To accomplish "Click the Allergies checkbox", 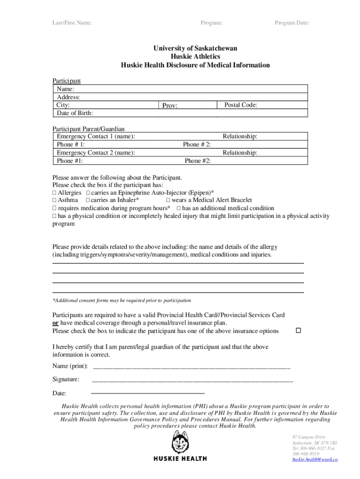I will click(54, 193).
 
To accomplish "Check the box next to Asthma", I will click(54, 201).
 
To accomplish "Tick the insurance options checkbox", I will click(298, 331).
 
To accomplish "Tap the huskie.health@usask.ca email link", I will click(315, 459).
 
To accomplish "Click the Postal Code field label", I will click(240, 105).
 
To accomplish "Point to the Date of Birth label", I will click(75, 113).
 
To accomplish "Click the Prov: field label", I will click(170, 106).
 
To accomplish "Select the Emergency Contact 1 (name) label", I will click(96, 136).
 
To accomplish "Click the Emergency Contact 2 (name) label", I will click(96, 152).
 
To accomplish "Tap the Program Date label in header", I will click(292, 23).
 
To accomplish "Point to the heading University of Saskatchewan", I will click(195, 49).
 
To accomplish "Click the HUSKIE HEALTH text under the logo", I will click(180, 459).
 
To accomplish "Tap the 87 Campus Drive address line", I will click(308, 436).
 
